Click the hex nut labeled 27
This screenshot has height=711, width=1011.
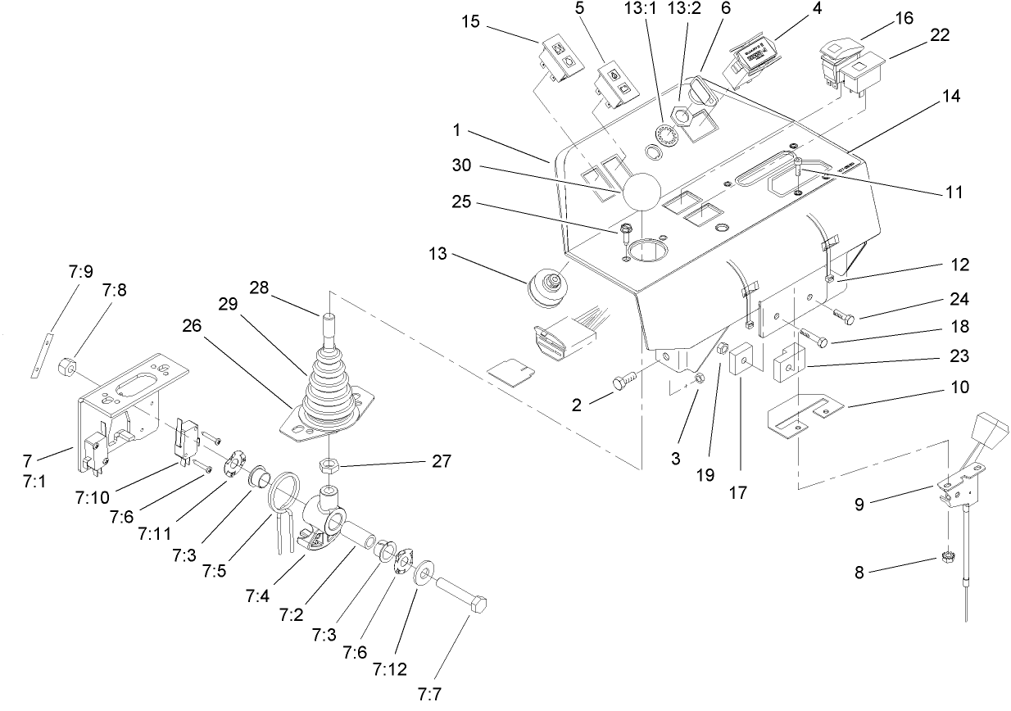click(x=329, y=466)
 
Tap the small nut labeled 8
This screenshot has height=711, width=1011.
click(x=946, y=559)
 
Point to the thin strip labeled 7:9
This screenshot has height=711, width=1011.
click(x=43, y=354)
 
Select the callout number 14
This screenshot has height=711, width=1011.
click(x=950, y=95)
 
